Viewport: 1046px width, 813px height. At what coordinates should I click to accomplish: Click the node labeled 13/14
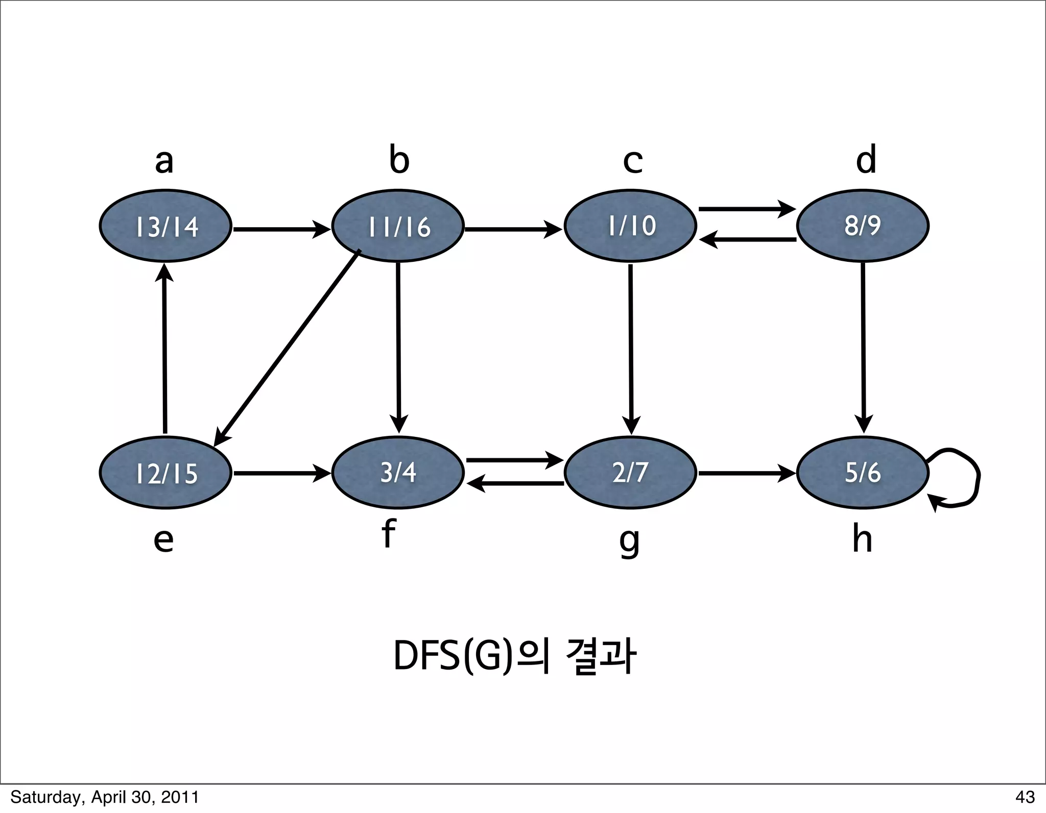click(165, 226)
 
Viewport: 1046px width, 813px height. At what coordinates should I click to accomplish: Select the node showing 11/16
click(398, 226)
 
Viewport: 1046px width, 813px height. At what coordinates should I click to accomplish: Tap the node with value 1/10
click(630, 226)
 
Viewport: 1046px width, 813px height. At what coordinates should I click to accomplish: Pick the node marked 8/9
click(863, 226)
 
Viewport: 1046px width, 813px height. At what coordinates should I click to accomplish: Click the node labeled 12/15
click(165, 473)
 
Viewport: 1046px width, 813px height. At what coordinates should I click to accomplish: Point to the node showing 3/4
click(398, 473)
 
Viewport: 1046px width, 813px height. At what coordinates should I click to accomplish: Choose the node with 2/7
click(630, 473)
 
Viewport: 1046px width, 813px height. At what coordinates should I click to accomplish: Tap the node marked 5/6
click(863, 473)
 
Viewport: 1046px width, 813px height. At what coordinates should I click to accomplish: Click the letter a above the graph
click(164, 161)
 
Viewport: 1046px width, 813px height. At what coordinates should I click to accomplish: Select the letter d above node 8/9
click(866, 159)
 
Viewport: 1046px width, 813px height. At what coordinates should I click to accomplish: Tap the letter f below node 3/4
click(388, 534)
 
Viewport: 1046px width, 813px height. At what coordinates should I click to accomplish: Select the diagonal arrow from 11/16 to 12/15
click(289, 347)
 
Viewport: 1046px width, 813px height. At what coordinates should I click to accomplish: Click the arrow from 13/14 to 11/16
click(281, 229)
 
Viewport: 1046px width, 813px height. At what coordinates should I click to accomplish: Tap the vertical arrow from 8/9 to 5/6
click(863, 347)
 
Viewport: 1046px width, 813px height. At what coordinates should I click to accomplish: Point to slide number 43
click(1025, 797)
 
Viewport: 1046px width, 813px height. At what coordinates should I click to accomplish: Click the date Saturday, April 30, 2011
click(104, 797)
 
